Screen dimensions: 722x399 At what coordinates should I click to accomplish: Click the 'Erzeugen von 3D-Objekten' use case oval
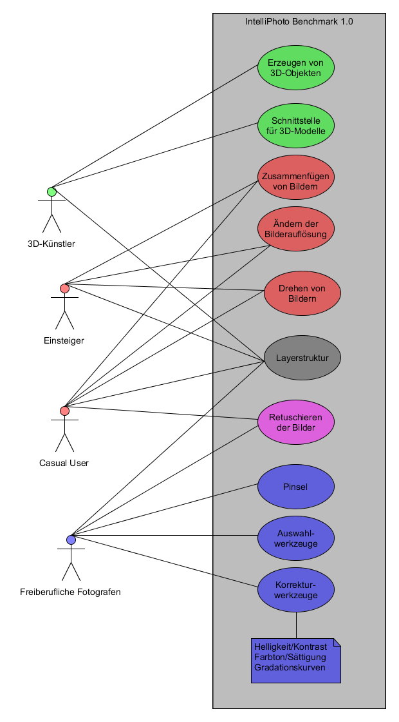296,67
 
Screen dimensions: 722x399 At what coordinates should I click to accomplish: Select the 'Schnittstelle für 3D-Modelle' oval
296,125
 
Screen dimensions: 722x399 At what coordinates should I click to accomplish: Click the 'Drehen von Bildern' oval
302,293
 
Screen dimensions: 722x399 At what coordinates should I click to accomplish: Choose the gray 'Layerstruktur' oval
302,357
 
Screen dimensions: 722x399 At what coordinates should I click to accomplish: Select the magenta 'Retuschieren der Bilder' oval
296,422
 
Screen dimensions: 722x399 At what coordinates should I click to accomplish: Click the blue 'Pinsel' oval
296,486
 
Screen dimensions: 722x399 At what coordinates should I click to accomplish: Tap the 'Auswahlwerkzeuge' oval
296,538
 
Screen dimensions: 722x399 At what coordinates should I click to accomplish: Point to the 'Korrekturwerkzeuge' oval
296,589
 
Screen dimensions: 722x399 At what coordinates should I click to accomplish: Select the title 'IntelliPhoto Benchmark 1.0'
299,21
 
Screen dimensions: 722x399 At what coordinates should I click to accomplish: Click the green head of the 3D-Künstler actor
52,191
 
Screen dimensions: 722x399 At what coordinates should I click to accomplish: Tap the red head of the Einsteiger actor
64,288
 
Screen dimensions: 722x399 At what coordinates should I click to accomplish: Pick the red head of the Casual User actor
64,411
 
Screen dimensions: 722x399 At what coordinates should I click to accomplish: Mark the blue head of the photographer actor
71,540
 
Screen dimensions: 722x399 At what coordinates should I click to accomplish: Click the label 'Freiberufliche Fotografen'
70,592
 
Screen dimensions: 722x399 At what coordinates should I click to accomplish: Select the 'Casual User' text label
64,463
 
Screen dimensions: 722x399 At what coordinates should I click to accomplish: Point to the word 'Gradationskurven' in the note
289,668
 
